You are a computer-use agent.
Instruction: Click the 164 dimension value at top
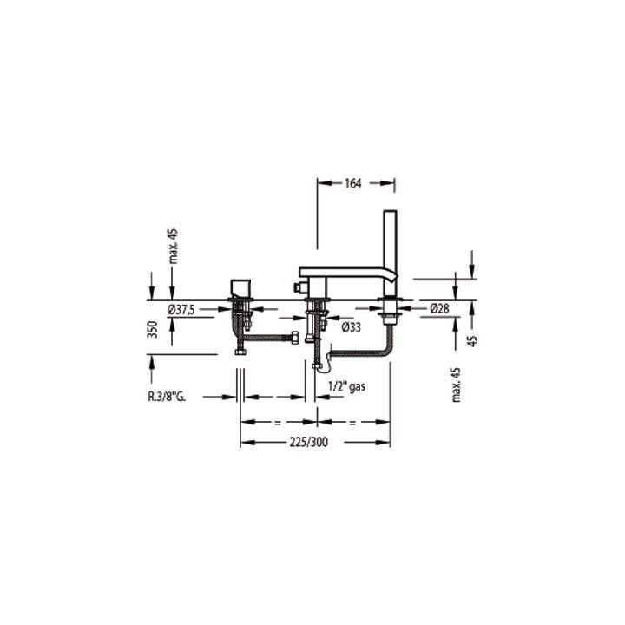(x=352, y=183)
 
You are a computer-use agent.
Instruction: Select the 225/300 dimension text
(x=309, y=442)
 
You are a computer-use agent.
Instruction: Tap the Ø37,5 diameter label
(x=181, y=309)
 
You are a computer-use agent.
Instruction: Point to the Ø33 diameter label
(x=352, y=327)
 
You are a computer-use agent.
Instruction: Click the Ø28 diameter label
(x=439, y=308)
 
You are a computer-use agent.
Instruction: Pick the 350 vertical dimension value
(x=152, y=329)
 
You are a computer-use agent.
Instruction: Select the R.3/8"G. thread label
(x=167, y=397)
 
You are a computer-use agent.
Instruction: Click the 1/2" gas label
(x=346, y=386)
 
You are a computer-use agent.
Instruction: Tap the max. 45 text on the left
(x=174, y=247)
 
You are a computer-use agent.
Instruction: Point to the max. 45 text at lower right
(x=457, y=385)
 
